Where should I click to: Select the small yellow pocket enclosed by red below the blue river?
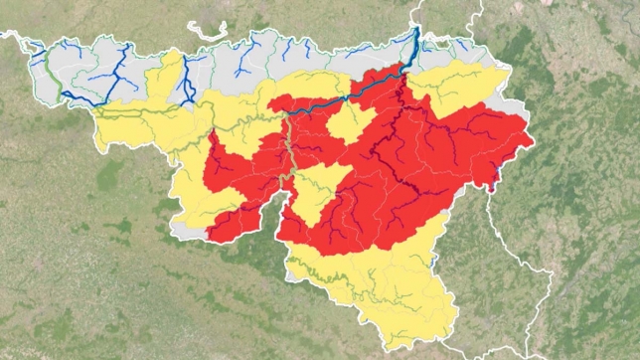(x=350, y=121)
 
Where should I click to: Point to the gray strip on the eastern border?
(x=513, y=103)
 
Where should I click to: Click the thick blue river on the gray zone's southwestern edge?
(x=80, y=98)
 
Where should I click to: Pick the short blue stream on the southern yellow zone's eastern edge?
(x=435, y=261)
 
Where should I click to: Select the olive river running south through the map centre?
(x=290, y=159)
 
